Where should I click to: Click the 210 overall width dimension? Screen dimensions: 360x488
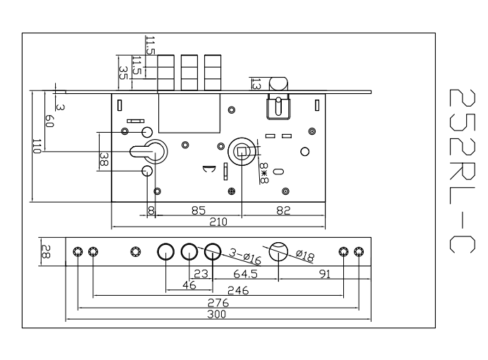(218, 222)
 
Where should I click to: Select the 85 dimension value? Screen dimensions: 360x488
(200, 210)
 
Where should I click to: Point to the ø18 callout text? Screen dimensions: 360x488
(306, 256)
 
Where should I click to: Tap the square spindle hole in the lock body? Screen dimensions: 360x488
(242, 150)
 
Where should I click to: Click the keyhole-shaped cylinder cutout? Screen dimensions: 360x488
(150, 150)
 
